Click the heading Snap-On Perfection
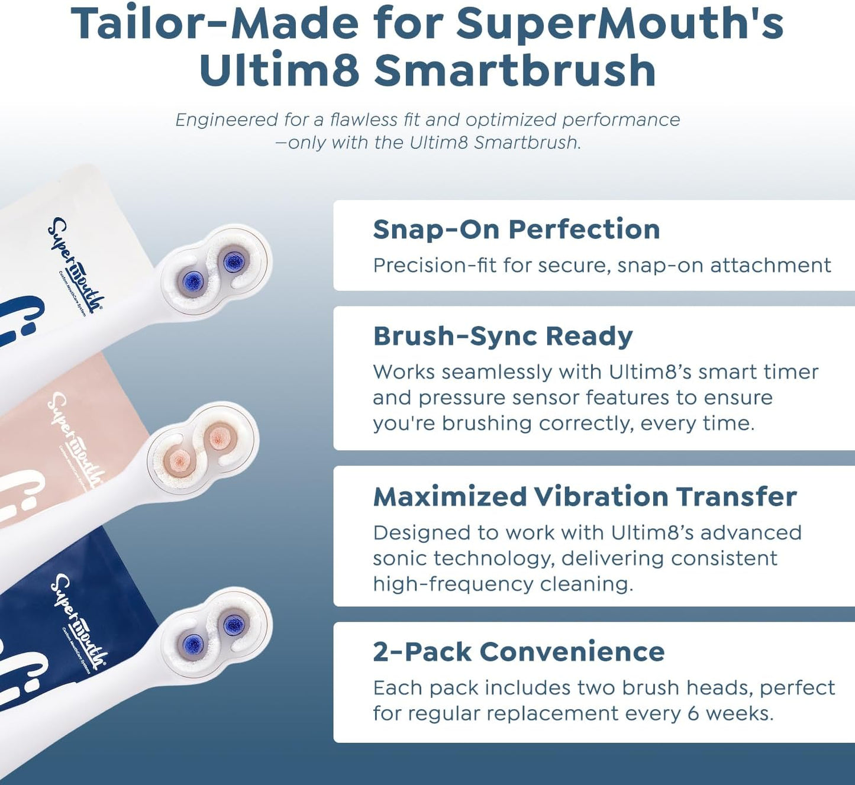pyautogui.click(x=516, y=230)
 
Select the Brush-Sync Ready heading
pyautogui.click(x=502, y=336)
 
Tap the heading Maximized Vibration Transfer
pyautogui.click(x=585, y=496)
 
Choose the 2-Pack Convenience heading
pyautogui.click(x=518, y=652)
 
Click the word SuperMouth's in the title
pyautogui.click(x=620, y=24)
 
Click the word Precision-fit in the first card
pyautogui.click(x=434, y=266)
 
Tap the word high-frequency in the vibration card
pyautogui.click(x=451, y=584)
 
